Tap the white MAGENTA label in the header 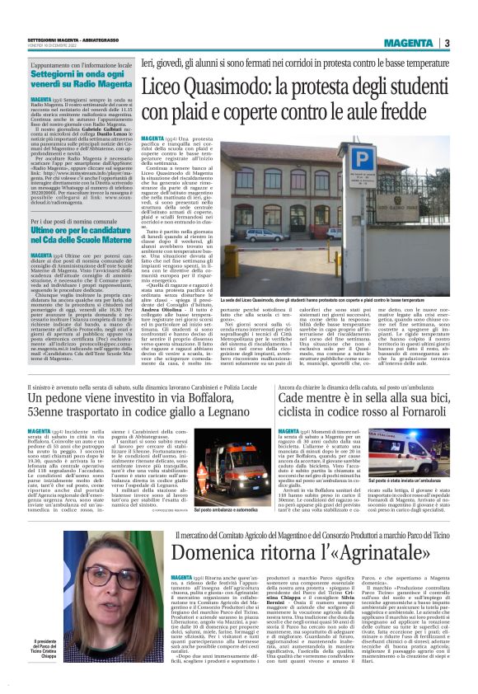408,43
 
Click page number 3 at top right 446,43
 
